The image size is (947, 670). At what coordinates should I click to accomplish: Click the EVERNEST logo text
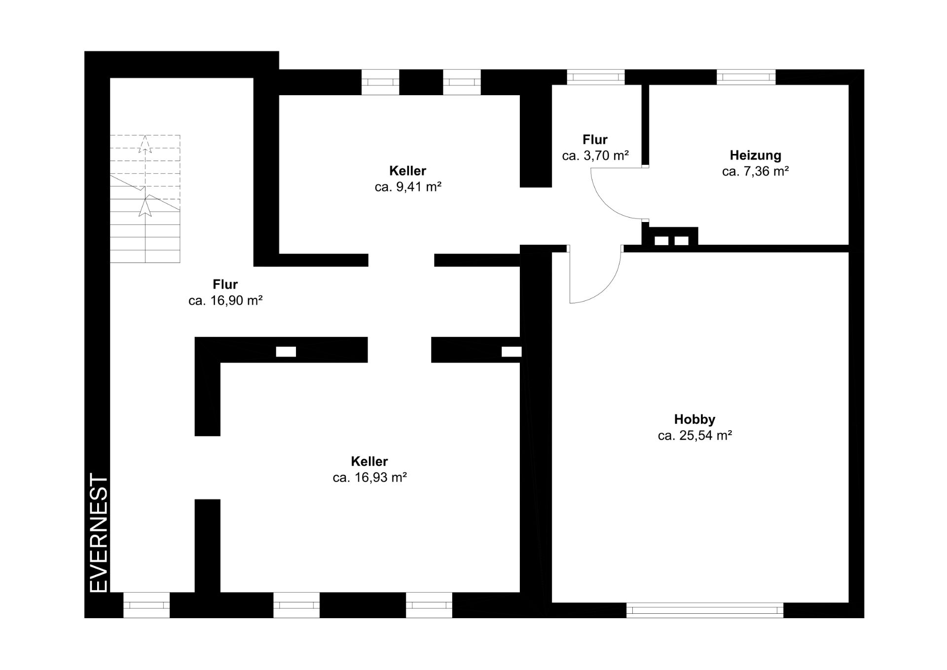(x=99, y=533)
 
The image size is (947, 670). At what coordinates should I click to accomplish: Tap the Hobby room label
(x=694, y=420)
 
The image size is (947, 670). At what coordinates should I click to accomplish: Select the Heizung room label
(x=755, y=155)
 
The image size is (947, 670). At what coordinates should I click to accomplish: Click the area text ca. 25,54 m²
(x=694, y=436)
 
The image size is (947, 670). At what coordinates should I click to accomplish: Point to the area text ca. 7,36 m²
(x=755, y=172)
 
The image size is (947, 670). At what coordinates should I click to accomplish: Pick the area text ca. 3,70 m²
(x=595, y=156)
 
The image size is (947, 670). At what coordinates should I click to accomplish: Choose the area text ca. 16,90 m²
(x=225, y=300)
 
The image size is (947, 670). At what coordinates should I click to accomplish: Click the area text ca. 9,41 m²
(x=408, y=187)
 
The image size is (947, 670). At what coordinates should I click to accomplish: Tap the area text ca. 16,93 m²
(x=369, y=478)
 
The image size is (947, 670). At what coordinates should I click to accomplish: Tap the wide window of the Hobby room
(x=704, y=610)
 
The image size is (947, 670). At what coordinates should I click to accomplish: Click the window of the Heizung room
(x=746, y=77)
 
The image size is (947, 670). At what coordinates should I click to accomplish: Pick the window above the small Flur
(x=595, y=77)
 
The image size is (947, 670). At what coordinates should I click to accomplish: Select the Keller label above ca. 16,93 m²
(x=369, y=461)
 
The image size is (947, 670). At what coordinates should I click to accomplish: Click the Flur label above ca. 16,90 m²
(x=225, y=284)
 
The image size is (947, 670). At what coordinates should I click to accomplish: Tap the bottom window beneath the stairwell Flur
(x=146, y=605)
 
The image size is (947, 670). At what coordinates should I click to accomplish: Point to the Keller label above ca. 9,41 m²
(x=408, y=171)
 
